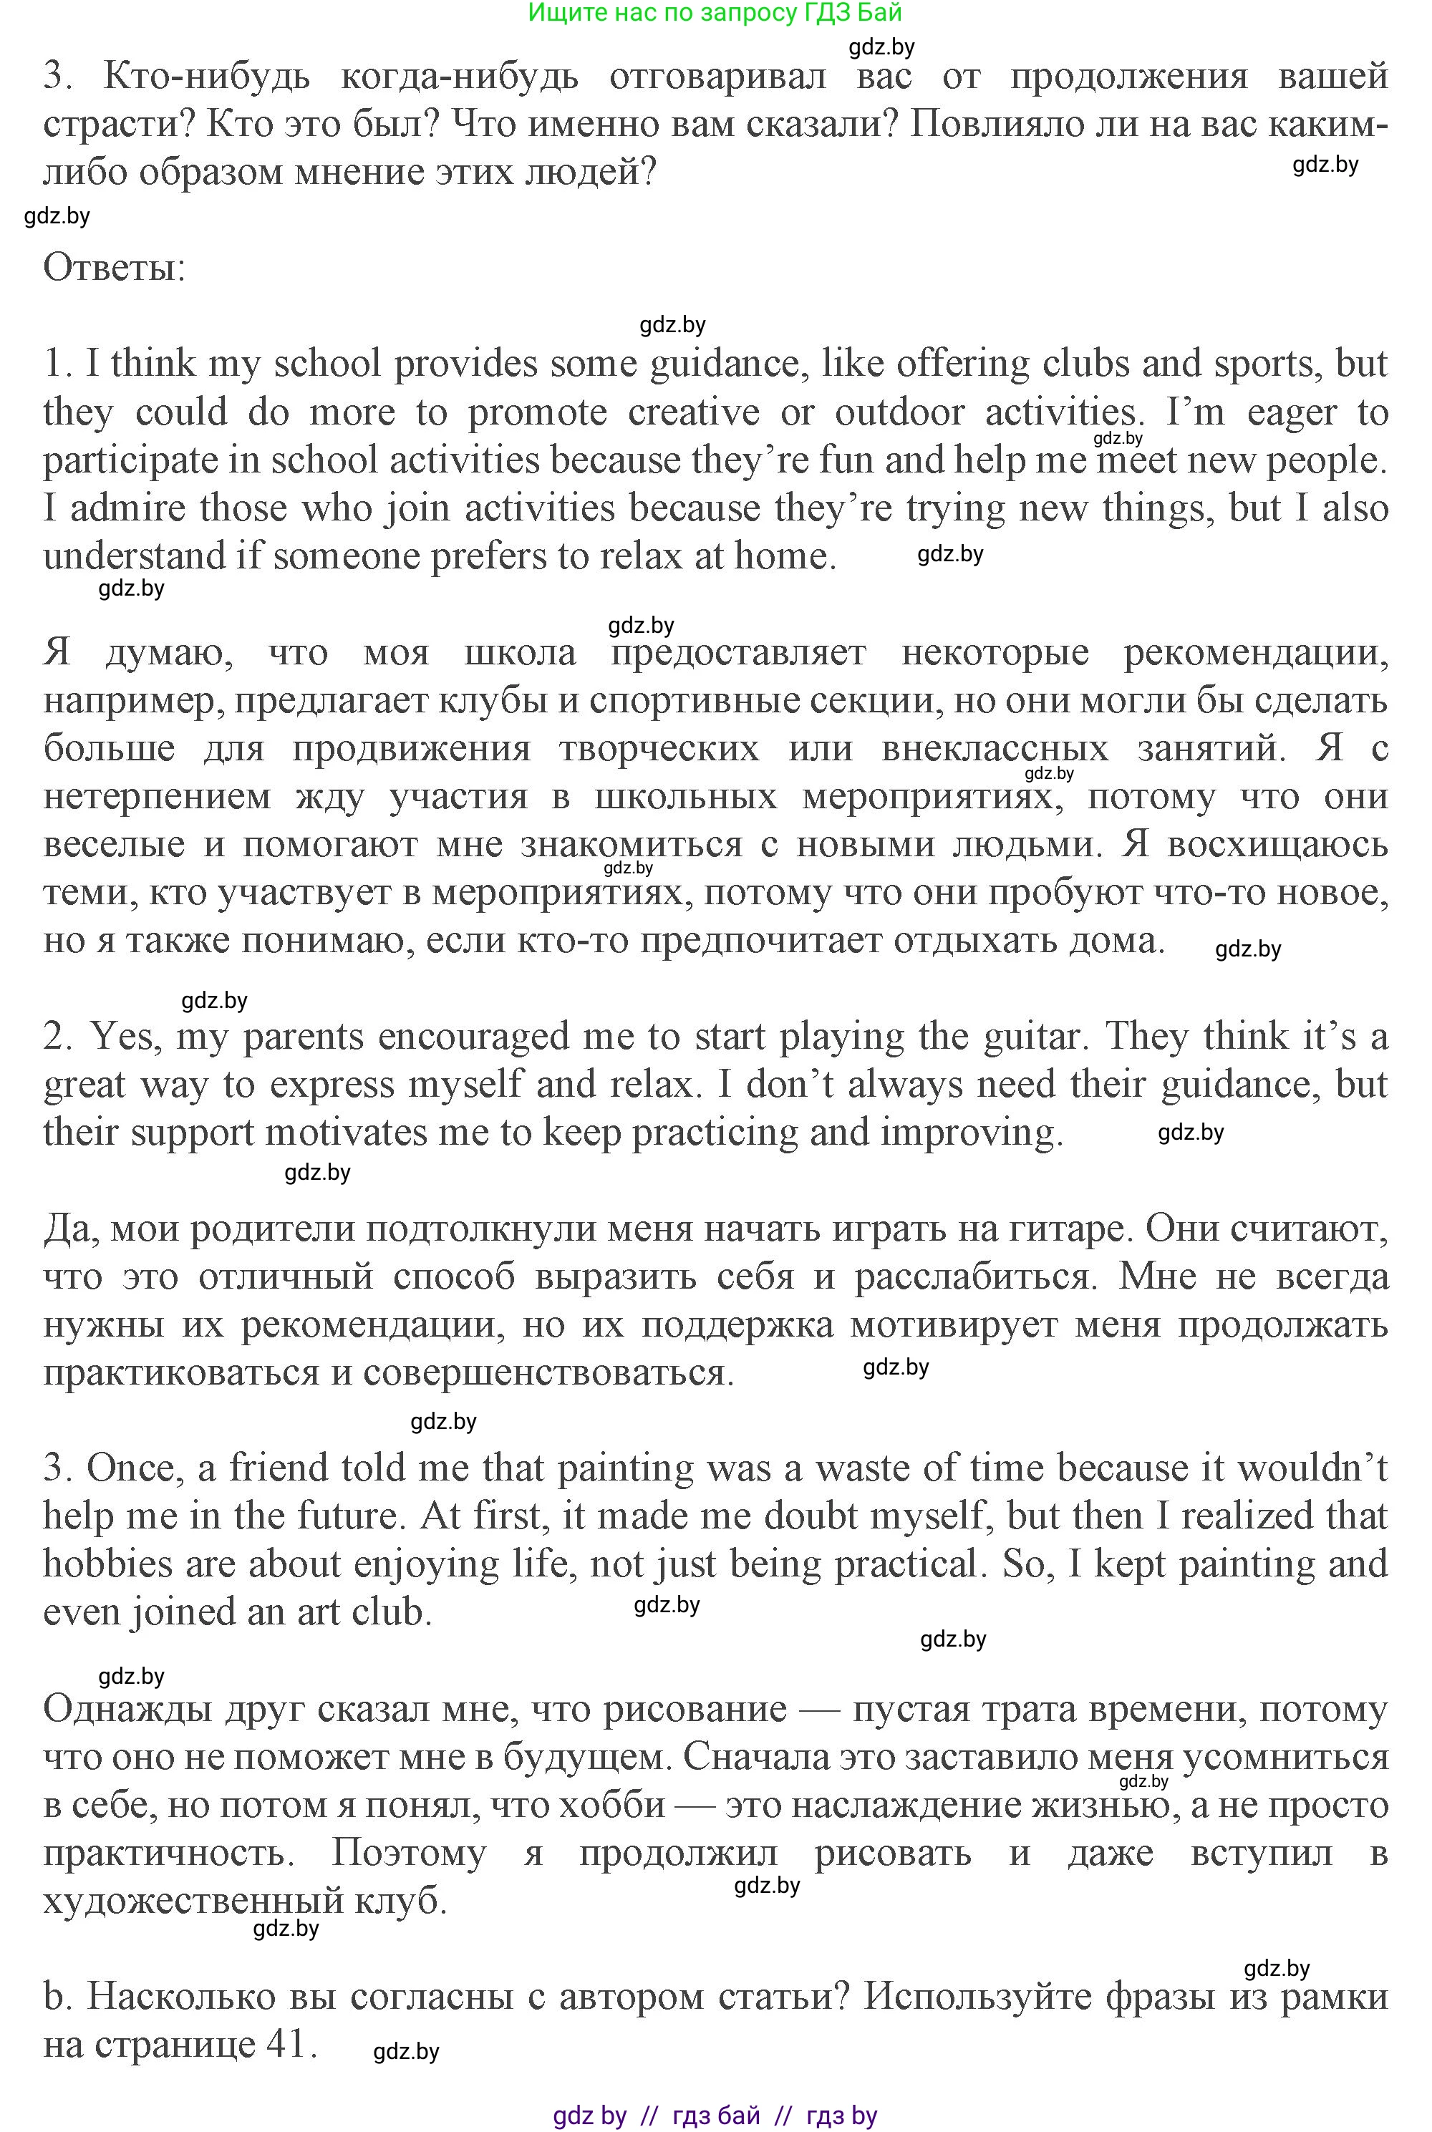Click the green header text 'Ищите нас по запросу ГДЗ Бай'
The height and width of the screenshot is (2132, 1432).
click(x=715, y=13)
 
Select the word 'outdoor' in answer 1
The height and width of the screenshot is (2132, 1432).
click(x=899, y=412)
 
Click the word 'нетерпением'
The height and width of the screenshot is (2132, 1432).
click(x=157, y=797)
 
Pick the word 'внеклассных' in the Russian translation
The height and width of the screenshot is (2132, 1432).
click(x=995, y=749)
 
